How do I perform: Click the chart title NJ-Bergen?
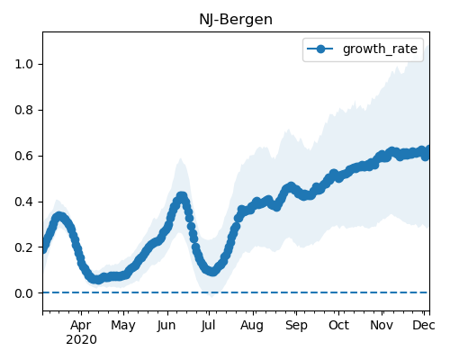236,20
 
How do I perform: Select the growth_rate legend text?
380,49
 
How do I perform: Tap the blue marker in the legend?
320,49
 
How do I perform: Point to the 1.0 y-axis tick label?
24,64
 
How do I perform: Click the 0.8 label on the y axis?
24,110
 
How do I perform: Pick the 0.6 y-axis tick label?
24,156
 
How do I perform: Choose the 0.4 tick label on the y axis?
24,202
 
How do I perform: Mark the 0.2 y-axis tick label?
24,247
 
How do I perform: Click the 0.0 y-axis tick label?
24,293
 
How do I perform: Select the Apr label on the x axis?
81,326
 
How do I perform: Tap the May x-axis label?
123,326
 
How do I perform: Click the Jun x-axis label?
166,325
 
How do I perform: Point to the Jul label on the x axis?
209,325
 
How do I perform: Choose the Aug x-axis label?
252,326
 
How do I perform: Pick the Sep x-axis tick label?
296,326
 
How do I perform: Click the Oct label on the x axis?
338,325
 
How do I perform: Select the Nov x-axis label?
382,325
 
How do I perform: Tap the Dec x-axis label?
424,325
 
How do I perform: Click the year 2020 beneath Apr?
82,340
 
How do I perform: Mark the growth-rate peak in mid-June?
182,196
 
